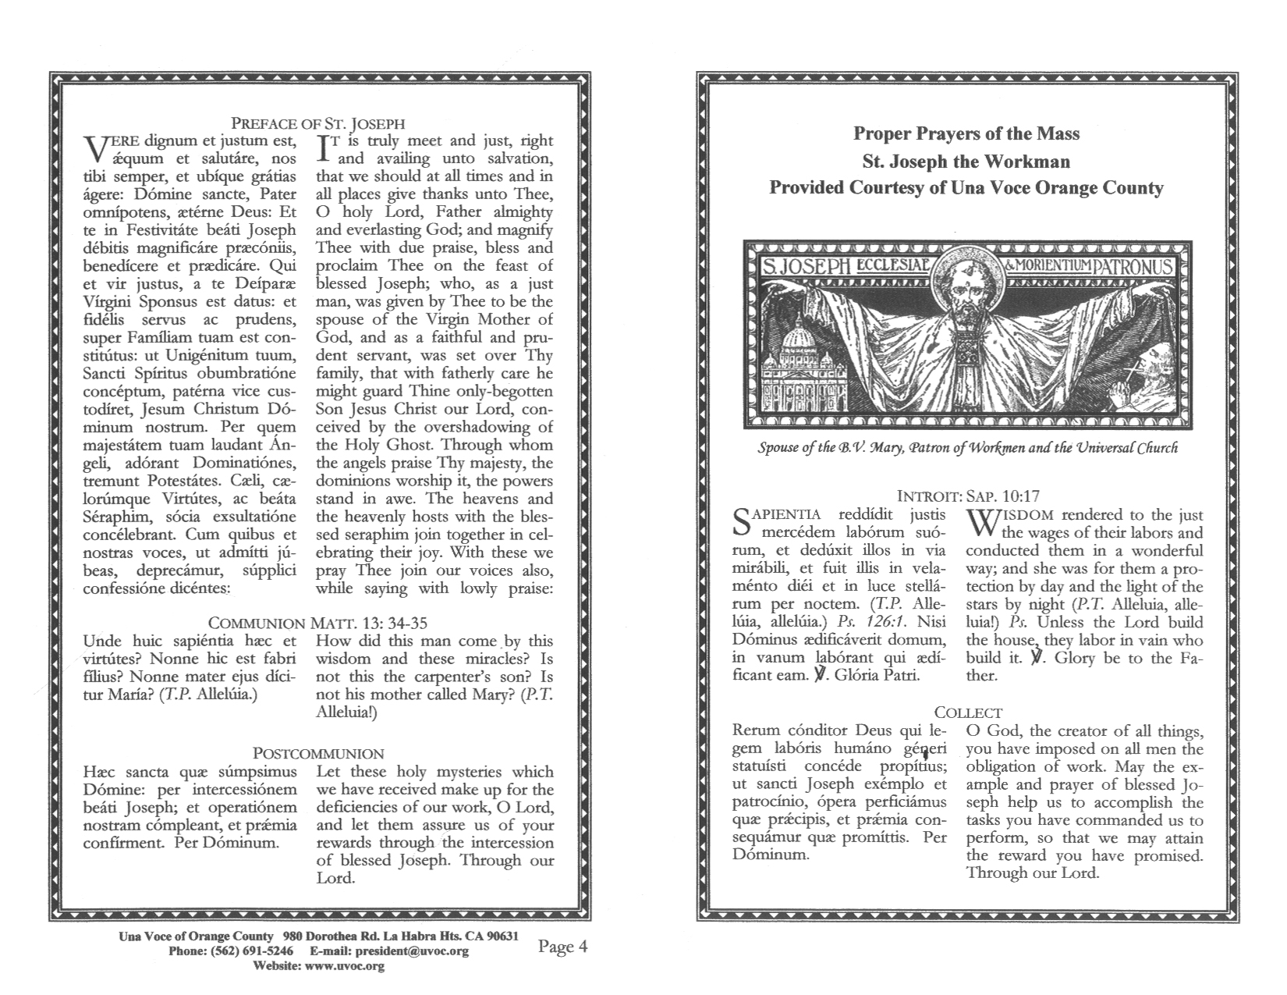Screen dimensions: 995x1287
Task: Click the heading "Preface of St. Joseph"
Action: tap(318, 123)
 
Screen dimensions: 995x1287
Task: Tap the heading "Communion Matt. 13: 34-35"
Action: tap(318, 624)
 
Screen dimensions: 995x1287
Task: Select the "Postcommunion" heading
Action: tap(318, 754)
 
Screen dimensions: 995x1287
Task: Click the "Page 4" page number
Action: tap(562, 947)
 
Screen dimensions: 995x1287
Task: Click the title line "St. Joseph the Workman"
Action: tap(966, 162)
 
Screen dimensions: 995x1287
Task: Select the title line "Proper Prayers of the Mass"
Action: tap(966, 133)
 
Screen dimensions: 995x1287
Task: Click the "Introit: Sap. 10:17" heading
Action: tap(968, 496)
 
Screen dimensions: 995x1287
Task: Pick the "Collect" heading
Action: tap(968, 712)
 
